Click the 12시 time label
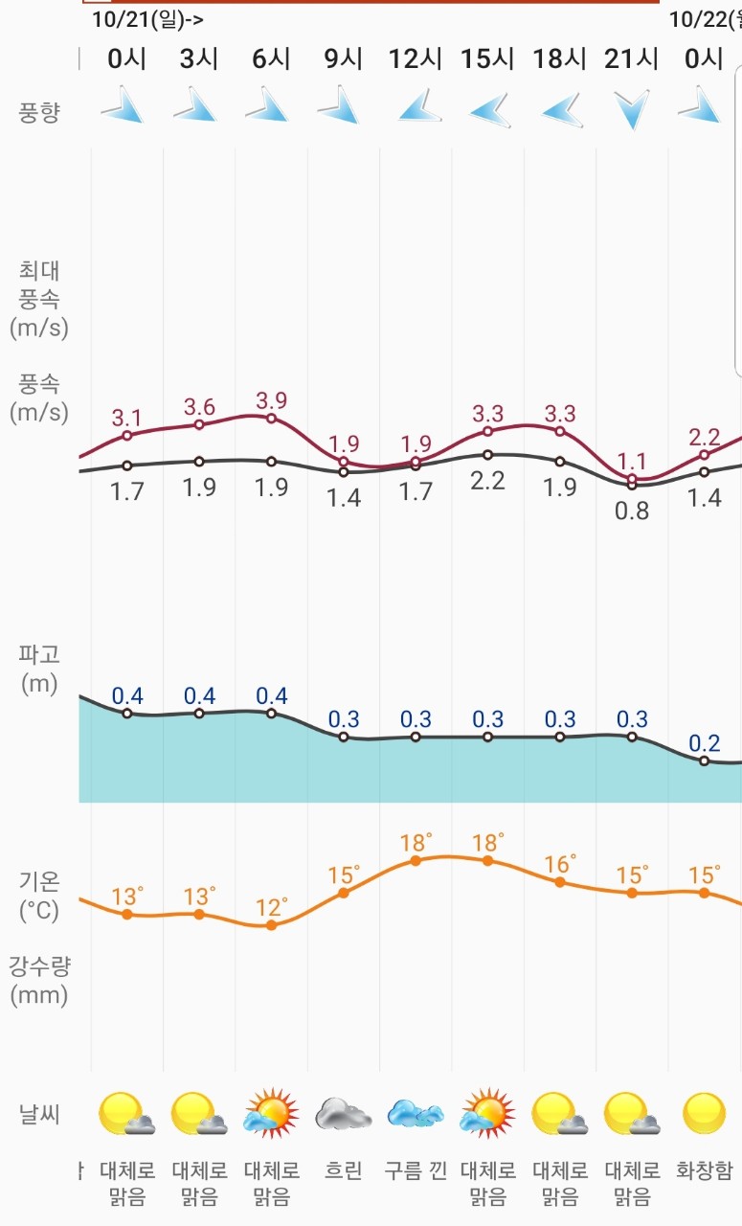point(416,59)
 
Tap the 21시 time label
point(632,59)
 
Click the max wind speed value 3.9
point(271,400)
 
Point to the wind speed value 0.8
point(632,511)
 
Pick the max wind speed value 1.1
point(632,458)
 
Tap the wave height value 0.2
point(705,743)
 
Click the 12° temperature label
point(272,907)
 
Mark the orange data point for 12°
point(272,925)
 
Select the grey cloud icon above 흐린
point(344,1114)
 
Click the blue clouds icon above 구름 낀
point(416,1114)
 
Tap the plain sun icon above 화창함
point(705,1113)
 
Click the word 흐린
point(344,1170)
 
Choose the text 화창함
point(705,1170)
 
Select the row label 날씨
point(39,1114)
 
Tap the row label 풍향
point(39,112)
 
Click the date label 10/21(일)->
point(147,18)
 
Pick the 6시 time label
point(271,59)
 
